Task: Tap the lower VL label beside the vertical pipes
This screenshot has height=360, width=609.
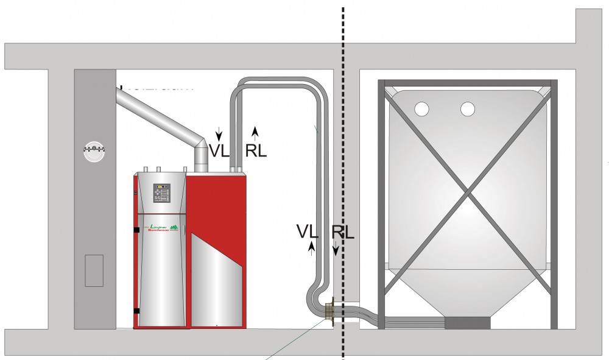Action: (x=308, y=231)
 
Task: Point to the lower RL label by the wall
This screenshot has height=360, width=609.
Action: (x=343, y=231)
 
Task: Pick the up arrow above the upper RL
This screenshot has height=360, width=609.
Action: (x=255, y=130)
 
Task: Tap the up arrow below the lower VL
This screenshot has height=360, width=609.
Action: (x=312, y=247)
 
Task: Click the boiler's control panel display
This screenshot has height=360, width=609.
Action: (x=161, y=187)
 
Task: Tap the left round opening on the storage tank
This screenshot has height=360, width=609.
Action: (x=421, y=109)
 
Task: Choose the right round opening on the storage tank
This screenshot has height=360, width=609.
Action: (x=468, y=109)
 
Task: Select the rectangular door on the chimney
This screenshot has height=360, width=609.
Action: (x=94, y=270)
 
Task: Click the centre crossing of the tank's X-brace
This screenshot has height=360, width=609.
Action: (x=467, y=196)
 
